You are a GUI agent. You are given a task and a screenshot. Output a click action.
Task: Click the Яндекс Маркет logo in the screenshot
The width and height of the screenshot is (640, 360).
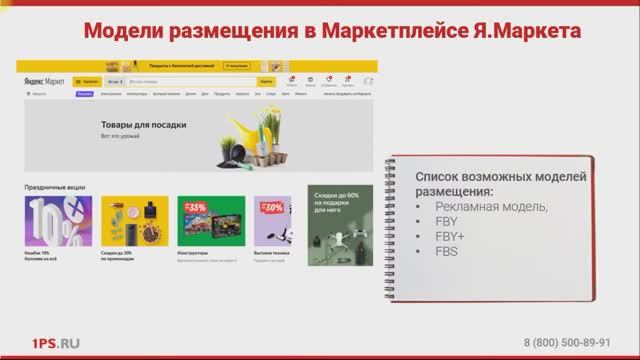pyautogui.click(x=41, y=79)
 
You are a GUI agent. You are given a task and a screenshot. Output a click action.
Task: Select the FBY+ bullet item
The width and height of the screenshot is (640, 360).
pyautogui.click(x=448, y=236)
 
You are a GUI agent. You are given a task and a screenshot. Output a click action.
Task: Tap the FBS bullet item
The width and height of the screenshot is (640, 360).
pyautogui.click(x=445, y=251)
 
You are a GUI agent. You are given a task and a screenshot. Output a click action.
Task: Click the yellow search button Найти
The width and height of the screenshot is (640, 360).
pyautogui.click(x=266, y=79)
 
